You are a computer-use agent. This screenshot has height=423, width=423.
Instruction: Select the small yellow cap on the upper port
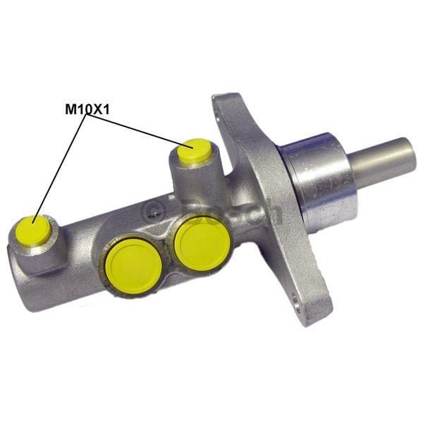coord(195,152)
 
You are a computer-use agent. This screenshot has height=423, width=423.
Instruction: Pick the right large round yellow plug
coord(202,240)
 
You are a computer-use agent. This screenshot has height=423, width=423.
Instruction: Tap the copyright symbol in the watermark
coord(152,209)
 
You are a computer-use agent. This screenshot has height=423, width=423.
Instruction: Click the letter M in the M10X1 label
coord(70,109)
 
